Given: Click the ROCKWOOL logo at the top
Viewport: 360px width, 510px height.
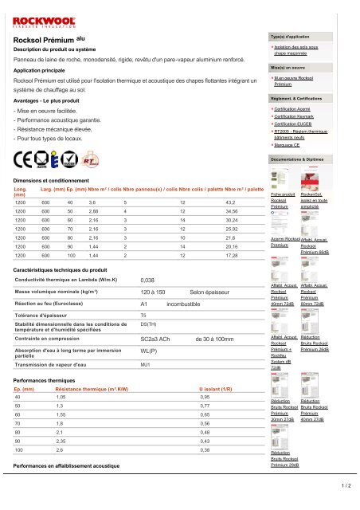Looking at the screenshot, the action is pyautogui.click(x=47, y=14).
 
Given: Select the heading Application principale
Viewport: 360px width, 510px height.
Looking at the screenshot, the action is pyautogui.click(x=45, y=71).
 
